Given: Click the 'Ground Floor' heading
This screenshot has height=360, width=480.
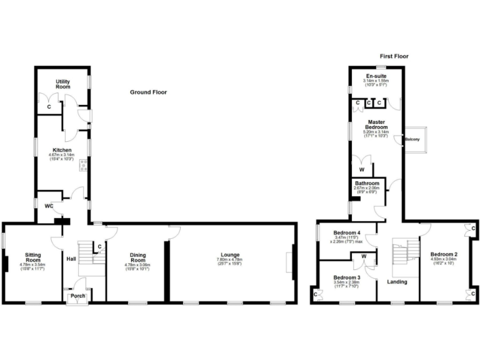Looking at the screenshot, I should pos(148,92).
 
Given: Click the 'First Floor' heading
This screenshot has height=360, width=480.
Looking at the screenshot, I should pos(394,56).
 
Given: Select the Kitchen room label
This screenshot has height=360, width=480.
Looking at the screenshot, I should pos(62,150).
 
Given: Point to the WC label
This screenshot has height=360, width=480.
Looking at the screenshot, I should pos(48,206).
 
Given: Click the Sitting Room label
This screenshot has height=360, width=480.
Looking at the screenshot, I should pos(33,257).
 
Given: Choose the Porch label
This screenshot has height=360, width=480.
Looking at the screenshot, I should pos(78,296).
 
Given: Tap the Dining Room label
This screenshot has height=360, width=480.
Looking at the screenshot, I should pos(137,257).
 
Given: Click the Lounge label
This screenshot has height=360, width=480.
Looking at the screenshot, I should pos(229,254).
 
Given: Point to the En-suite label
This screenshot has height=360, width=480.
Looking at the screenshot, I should pos(376,76).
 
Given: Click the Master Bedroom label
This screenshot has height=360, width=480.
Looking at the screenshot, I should pos(376,125).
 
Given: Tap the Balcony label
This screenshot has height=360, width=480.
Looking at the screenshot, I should pos(412,139).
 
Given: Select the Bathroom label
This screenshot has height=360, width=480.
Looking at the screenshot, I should pos(367,183).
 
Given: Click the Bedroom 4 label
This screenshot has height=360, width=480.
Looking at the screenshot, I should pos(346,231).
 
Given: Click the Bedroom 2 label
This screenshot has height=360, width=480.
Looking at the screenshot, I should pos(444,254).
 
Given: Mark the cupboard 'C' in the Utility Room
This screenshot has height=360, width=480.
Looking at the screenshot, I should pos(49,107).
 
